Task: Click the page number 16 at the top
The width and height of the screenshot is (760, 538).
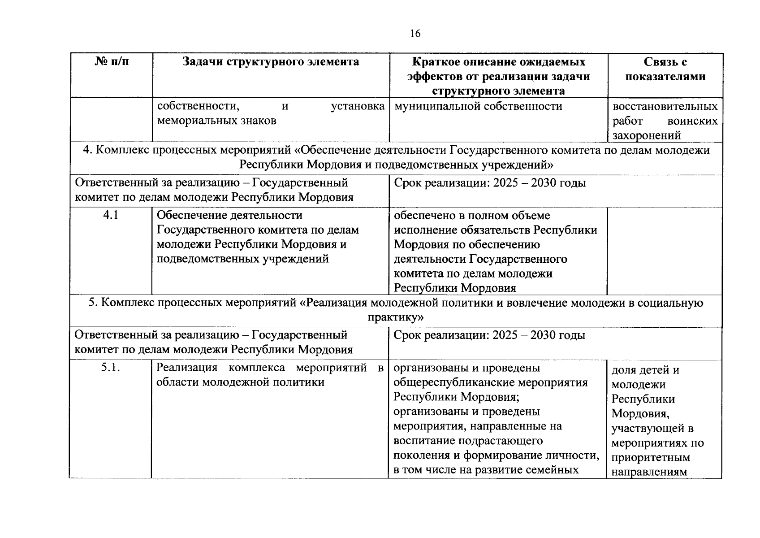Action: point(415,34)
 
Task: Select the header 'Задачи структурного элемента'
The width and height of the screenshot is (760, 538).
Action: point(271,61)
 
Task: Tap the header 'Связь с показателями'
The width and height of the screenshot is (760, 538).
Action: point(665,69)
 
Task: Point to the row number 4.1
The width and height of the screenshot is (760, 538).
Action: point(111,215)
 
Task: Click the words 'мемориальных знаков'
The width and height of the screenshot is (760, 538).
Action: point(216,121)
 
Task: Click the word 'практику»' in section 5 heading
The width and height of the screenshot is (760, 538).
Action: point(396,317)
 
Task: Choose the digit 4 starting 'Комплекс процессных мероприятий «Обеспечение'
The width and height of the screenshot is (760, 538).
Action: point(86,150)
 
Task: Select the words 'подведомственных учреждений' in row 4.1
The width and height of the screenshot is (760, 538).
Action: point(242,259)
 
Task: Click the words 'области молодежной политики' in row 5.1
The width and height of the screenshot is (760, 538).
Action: point(240,382)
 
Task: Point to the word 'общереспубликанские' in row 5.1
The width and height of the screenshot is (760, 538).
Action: point(453,382)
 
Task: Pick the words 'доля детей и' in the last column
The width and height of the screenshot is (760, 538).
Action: point(645,370)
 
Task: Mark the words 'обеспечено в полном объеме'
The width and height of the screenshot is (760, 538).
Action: point(471,216)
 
